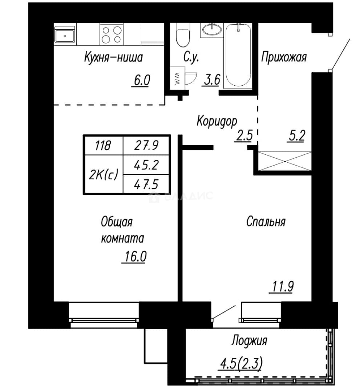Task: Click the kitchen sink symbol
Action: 65,34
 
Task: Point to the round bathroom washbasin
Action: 212,30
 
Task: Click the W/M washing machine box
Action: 177,78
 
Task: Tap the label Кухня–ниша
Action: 113,57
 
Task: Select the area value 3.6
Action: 212,80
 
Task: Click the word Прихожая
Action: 284,57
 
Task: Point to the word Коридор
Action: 217,122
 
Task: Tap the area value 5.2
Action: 297,136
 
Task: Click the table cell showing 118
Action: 104,145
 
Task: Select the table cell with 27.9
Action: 147,145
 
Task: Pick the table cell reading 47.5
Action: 147,184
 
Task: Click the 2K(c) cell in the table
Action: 104,174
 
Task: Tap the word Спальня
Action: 266,221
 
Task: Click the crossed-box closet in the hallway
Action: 284,161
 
